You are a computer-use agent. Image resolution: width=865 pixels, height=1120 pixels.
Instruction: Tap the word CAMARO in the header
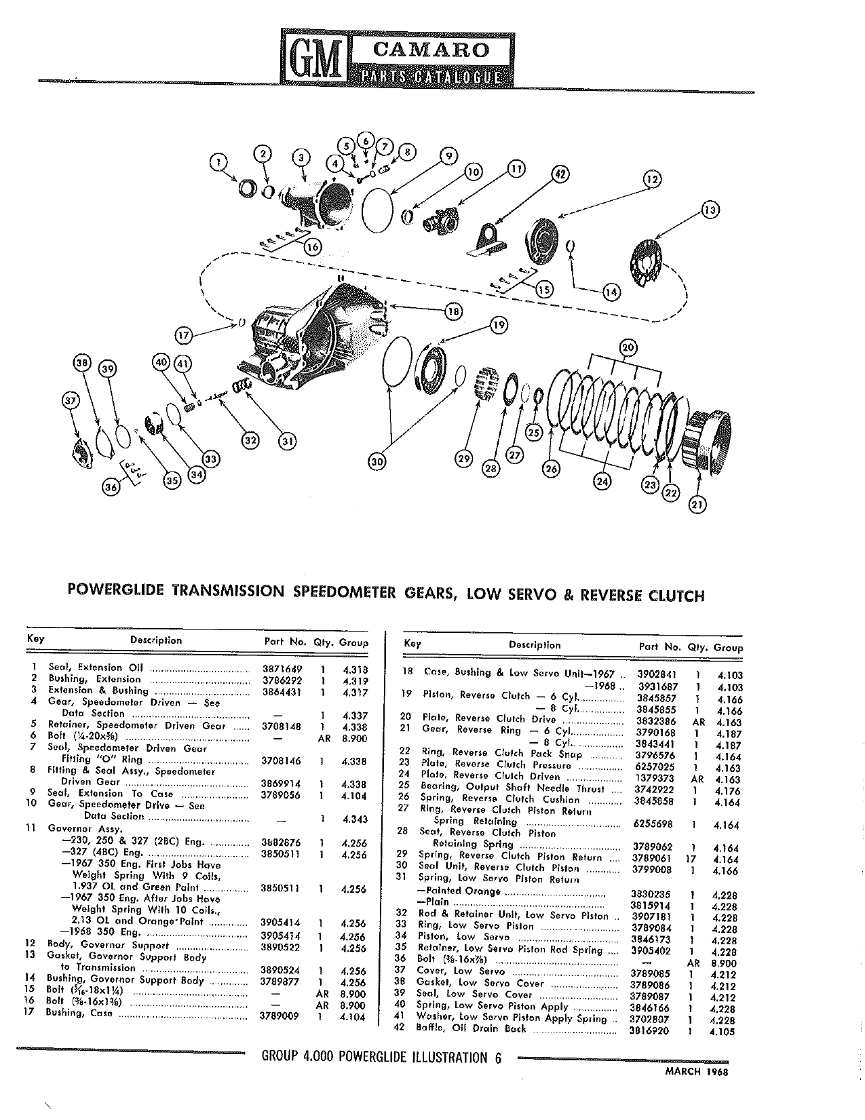430,50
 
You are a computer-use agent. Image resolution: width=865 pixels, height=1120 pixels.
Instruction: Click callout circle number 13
710,210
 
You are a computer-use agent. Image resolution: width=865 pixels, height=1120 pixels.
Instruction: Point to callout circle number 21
697,505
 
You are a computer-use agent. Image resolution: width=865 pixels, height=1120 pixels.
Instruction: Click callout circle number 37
71,400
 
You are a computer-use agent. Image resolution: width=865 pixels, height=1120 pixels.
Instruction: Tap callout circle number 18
453,311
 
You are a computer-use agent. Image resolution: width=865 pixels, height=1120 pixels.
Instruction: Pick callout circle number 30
378,462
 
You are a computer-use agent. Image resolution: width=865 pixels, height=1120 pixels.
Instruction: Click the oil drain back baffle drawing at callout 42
487,242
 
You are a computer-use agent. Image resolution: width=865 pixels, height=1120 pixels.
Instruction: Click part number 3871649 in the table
282,669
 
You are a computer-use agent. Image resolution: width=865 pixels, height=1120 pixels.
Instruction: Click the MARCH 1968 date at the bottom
697,1072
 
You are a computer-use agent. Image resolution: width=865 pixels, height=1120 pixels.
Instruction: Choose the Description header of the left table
155,640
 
